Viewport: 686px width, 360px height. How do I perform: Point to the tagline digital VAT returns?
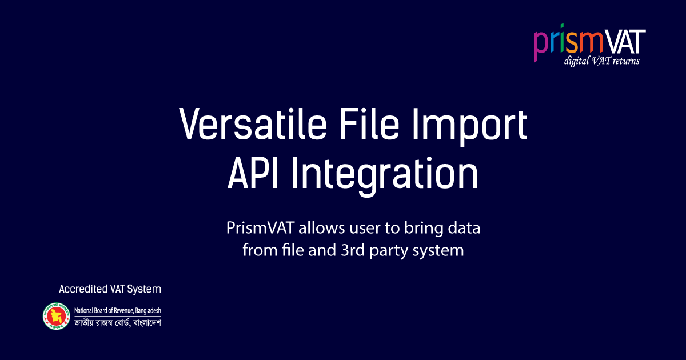pyautogui.click(x=601, y=61)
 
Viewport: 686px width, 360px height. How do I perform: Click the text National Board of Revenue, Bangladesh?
pyautogui.click(x=118, y=311)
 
